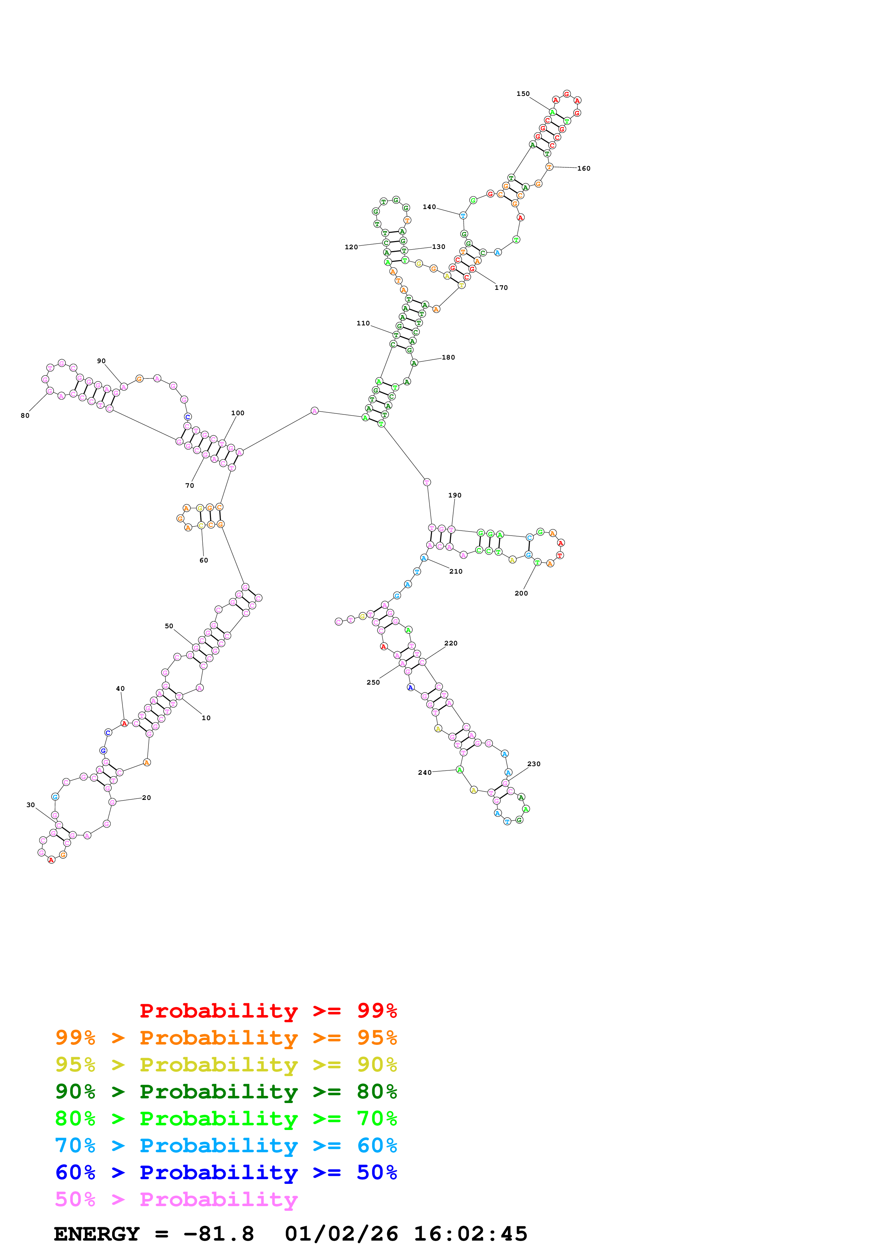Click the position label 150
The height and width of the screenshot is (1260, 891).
[523, 94]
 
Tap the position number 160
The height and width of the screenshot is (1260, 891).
[584, 168]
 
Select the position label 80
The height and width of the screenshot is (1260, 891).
[25, 416]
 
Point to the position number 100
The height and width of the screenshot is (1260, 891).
[238, 413]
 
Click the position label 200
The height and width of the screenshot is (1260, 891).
[521, 593]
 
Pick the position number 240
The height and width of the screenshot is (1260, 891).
[425, 773]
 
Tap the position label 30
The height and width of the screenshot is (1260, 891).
[31, 805]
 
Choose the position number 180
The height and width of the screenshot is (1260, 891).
[449, 357]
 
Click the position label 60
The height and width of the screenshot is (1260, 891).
[204, 560]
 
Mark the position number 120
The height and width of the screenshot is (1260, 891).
[352, 247]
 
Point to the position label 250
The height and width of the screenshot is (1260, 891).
[373, 683]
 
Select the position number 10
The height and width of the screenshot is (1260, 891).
[206, 718]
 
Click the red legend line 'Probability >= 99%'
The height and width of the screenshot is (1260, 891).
[268, 1010]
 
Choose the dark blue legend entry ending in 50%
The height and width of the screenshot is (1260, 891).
[226, 1172]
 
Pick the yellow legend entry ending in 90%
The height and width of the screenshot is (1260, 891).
[226, 1065]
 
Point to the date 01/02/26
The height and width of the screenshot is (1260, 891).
[341, 1234]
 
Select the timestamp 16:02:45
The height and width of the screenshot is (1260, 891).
[470, 1234]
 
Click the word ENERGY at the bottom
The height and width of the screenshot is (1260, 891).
[97, 1234]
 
